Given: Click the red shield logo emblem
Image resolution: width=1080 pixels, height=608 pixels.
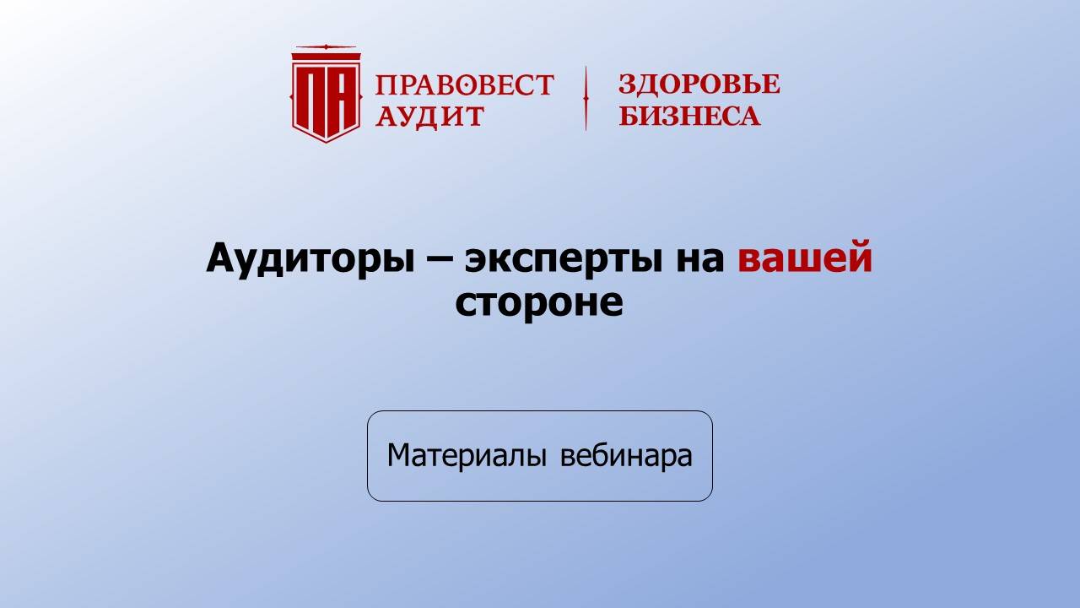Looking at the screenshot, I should tap(326, 95).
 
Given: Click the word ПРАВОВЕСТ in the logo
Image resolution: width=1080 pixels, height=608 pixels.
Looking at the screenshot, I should tap(464, 85).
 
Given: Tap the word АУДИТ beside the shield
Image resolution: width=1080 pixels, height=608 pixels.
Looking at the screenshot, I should tap(430, 116).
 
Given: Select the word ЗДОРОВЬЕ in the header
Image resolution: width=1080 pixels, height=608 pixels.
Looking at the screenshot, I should tap(699, 84).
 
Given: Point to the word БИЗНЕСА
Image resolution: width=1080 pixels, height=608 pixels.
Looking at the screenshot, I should tap(689, 116).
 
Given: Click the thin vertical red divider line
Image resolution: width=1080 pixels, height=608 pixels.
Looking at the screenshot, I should tap(586, 98).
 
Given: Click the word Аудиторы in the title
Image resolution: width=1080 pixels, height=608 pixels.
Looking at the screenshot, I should tap(308, 258).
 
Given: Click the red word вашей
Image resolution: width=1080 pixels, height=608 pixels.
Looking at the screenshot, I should tap(805, 258).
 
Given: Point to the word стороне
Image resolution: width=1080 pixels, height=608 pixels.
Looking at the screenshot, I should tap(539, 302).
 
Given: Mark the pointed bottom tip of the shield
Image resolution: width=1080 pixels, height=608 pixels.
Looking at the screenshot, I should tap(326, 140).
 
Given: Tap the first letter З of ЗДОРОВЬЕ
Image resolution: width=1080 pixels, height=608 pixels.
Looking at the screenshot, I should tap(627, 84).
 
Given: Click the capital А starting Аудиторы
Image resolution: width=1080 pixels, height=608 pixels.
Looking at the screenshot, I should tap(220, 258).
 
